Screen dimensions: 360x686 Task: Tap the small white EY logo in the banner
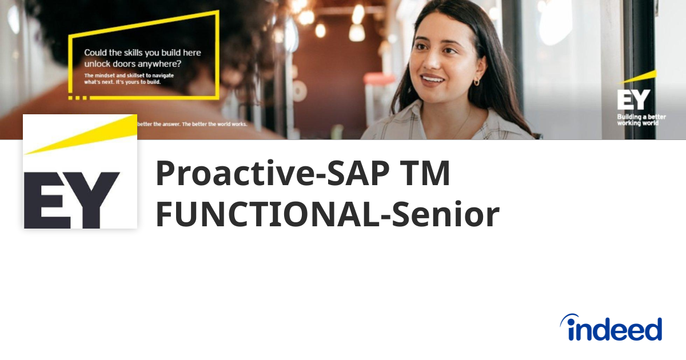(x=633, y=100)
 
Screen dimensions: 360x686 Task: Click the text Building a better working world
(x=641, y=120)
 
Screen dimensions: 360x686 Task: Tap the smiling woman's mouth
(x=433, y=79)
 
